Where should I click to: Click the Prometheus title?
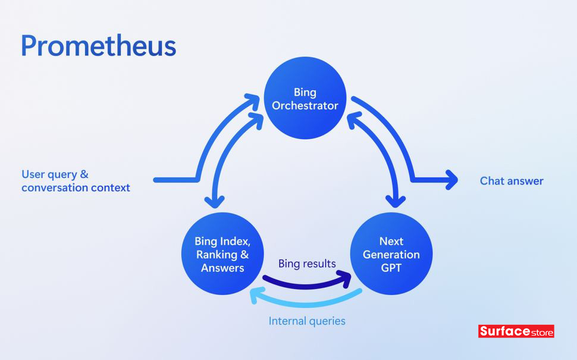pos(98,46)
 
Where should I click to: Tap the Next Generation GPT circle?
pos(391,254)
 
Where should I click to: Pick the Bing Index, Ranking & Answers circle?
pos(222,254)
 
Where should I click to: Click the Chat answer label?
pos(512,181)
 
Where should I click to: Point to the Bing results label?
pos(307,264)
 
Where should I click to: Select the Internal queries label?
pos(307,321)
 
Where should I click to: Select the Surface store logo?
pos(516,331)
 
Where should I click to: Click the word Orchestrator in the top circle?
pos(305,106)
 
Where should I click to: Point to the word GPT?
pos(391,268)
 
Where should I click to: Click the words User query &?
pos(55,174)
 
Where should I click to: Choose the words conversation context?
pos(76,187)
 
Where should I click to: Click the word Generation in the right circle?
pos(391,255)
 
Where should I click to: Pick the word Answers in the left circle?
pos(222,268)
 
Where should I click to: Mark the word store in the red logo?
pos(541,331)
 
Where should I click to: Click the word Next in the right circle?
pos(391,242)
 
